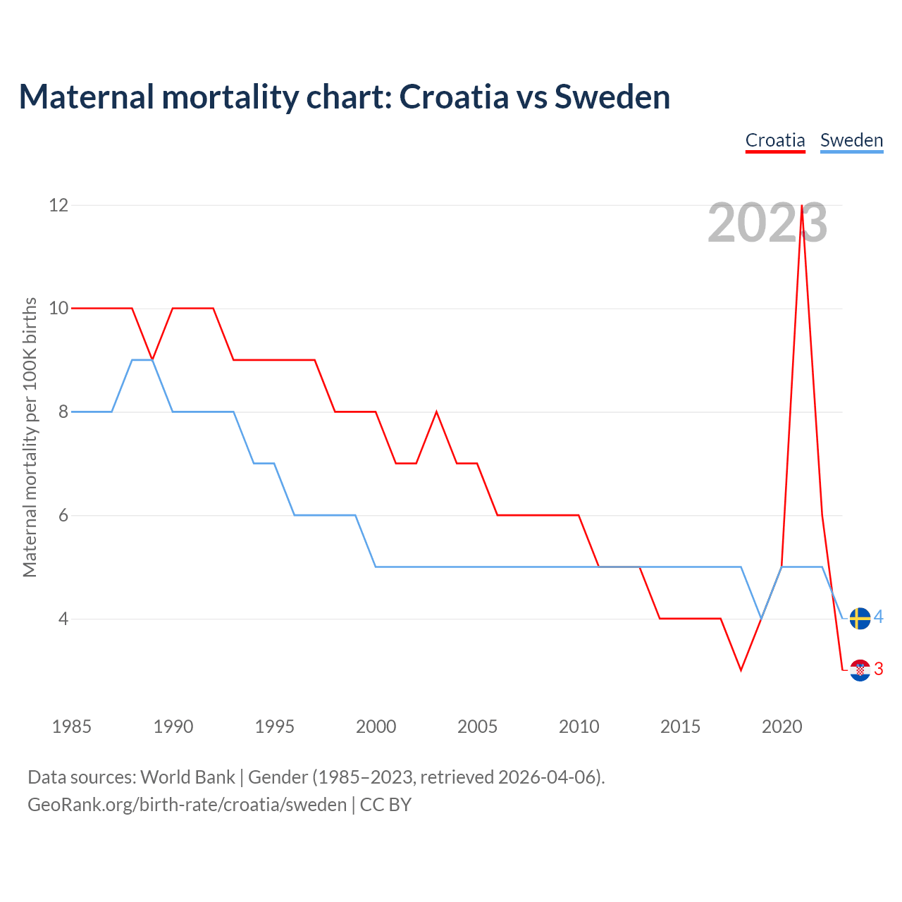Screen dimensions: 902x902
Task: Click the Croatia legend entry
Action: [x=775, y=140]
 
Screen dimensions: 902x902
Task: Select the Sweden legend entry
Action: [x=851, y=140]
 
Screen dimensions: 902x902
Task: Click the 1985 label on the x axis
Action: [x=71, y=727]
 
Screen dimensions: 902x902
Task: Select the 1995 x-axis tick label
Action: [x=274, y=727]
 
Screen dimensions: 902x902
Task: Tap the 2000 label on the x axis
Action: [x=376, y=727]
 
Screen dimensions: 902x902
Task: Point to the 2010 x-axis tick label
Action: [x=579, y=727]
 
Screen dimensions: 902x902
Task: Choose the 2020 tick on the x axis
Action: [x=781, y=727]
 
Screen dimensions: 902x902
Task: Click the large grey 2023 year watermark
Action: [x=767, y=223]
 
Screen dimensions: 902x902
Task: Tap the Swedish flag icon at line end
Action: [x=860, y=618]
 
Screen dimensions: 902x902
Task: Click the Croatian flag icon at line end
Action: [x=860, y=670]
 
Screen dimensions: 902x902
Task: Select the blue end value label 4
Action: [x=879, y=617]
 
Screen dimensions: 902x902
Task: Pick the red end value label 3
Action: [x=879, y=669]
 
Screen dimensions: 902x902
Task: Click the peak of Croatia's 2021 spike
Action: [x=802, y=206]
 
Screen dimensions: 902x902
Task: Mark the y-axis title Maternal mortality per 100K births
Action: [x=30, y=437]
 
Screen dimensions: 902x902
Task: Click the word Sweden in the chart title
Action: [x=612, y=97]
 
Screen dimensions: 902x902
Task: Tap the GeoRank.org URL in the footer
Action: [x=187, y=805]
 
